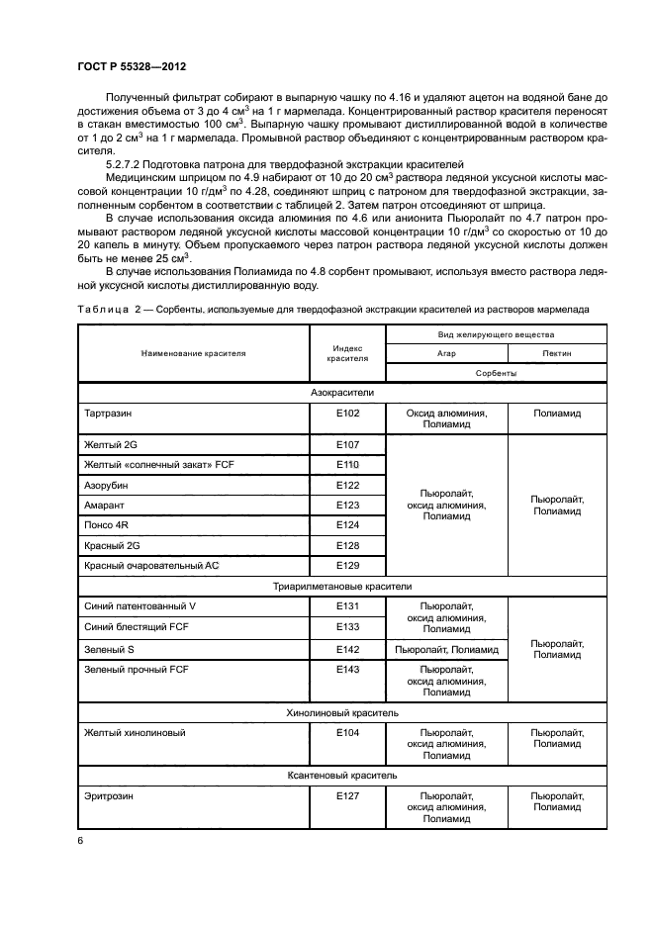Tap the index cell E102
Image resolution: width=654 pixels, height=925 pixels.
pos(346,415)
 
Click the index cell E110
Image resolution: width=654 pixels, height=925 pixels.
pos(346,465)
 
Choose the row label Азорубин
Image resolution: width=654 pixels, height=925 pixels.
pos(106,486)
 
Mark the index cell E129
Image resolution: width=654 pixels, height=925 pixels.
pos(346,565)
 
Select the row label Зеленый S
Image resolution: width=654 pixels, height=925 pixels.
pos(109,649)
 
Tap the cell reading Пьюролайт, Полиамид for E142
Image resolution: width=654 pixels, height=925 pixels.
pos(446,649)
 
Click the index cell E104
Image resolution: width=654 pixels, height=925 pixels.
pos(346,733)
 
